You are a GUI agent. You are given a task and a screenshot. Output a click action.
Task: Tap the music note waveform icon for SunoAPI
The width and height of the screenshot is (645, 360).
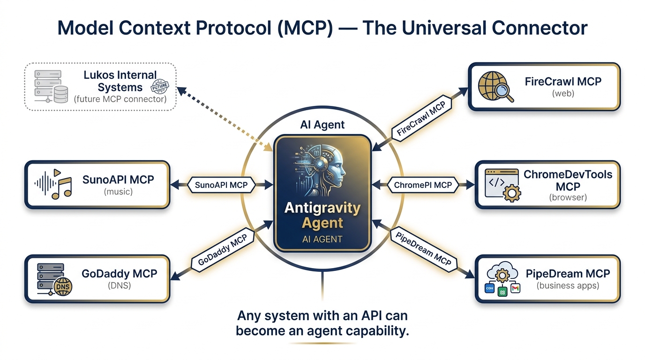click(53, 184)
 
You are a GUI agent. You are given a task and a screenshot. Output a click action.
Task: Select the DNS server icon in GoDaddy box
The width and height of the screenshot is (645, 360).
click(52, 278)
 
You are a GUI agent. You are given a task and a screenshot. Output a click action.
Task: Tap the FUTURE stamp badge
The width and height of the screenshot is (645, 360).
click(160, 86)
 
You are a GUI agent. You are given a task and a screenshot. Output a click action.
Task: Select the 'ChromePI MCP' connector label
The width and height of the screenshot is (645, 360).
click(423, 185)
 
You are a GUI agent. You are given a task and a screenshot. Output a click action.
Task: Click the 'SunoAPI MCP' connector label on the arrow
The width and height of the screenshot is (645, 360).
click(221, 185)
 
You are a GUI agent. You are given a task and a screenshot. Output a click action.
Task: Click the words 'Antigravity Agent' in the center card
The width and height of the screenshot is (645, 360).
click(322, 215)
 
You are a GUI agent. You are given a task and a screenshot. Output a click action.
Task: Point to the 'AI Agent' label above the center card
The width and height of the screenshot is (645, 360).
click(322, 125)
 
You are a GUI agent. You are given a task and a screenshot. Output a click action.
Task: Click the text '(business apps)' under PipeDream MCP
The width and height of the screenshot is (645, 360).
click(568, 285)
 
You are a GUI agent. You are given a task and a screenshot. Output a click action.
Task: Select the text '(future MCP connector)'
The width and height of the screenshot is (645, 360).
click(120, 99)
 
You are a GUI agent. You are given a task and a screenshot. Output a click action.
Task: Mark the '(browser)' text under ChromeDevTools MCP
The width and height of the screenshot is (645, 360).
click(568, 197)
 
